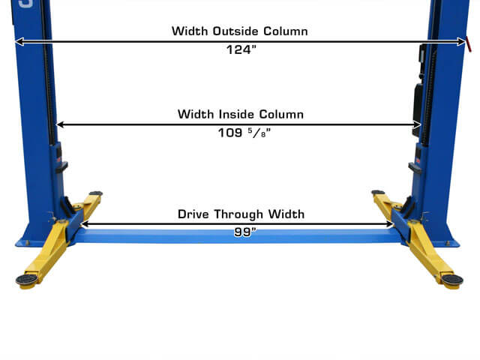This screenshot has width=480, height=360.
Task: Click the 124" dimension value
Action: (x=241, y=49)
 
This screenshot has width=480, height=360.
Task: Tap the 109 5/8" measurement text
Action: (x=244, y=133)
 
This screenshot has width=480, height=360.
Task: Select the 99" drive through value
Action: (x=245, y=232)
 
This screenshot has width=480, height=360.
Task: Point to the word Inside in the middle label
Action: (x=237, y=114)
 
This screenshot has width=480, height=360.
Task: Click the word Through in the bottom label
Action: (x=238, y=214)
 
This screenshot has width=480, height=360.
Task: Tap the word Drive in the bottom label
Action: (x=193, y=214)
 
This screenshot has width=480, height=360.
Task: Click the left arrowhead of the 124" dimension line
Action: (x=19, y=41)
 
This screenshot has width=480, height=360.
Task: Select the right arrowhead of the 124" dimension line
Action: (x=461, y=41)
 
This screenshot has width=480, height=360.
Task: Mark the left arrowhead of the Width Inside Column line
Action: (x=61, y=124)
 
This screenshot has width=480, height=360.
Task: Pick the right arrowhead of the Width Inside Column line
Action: (x=417, y=124)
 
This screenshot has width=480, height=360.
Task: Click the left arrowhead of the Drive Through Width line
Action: (x=85, y=224)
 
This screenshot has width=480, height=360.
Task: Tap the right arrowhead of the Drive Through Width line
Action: (x=389, y=224)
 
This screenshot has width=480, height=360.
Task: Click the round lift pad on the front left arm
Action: (x=27, y=280)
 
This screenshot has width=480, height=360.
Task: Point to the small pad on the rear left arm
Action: (x=96, y=193)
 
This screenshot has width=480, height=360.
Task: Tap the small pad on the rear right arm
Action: (x=378, y=192)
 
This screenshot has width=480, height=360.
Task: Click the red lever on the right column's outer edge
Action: (x=469, y=44)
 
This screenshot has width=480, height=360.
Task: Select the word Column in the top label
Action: (x=286, y=31)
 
